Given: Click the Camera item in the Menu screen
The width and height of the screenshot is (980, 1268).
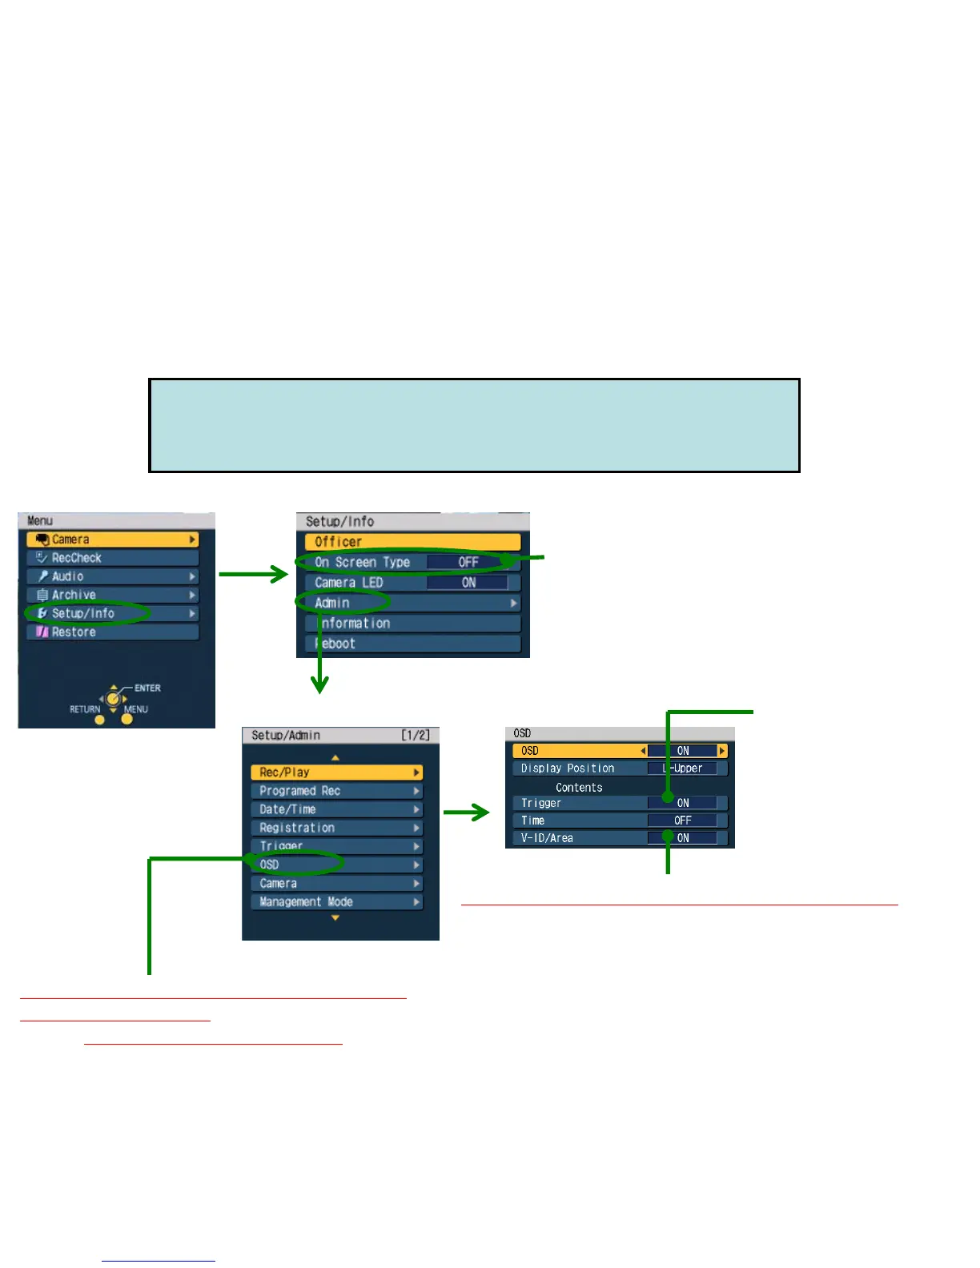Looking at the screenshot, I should click(112, 540).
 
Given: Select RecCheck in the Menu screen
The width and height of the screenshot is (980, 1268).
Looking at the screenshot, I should click(112, 558).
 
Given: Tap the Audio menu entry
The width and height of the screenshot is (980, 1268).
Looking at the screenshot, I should click(112, 576).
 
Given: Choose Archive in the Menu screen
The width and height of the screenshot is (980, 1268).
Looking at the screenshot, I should click(112, 595).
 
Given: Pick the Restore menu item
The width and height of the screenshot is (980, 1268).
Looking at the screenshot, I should click(112, 632).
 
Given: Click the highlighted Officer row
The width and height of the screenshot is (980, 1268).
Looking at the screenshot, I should click(412, 542).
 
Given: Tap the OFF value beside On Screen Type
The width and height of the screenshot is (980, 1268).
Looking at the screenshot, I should click(468, 563).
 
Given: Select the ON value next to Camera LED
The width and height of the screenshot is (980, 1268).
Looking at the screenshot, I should click(468, 583).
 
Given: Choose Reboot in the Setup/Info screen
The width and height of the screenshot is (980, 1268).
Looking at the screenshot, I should click(412, 644).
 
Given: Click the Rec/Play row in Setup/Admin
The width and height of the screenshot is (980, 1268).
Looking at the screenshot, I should click(336, 772).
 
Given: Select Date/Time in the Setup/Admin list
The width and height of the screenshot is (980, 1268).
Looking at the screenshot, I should click(336, 809).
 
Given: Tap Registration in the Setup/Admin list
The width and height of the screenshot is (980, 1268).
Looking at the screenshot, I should click(336, 828).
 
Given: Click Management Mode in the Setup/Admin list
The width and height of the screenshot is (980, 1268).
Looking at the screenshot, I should click(336, 902).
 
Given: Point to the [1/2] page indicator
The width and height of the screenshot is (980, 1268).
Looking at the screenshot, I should click(416, 735).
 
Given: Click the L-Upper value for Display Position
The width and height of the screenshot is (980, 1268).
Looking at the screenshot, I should click(685, 768).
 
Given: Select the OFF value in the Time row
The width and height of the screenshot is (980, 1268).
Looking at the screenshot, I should click(683, 821).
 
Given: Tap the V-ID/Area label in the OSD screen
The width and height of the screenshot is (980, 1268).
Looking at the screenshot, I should click(548, 838).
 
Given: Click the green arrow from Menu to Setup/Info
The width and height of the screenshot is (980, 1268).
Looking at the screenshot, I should click(253, 574).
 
